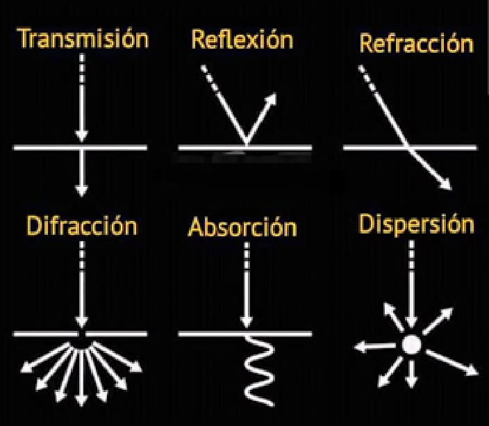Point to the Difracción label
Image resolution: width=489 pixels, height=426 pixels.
point(82,226)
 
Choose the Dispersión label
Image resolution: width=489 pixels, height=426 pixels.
point(416,224)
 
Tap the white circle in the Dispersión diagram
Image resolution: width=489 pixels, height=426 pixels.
point(412,344)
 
